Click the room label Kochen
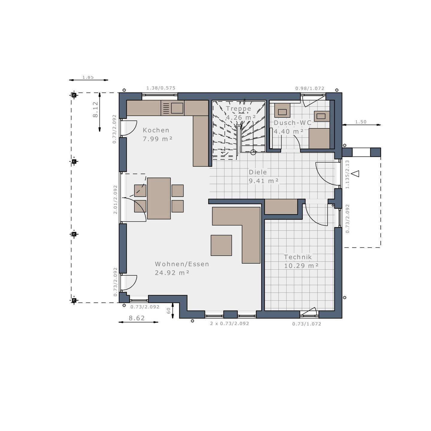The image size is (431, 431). pos(156,130)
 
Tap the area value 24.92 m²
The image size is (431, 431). pos(172,273)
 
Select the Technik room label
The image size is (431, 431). pos(298,257)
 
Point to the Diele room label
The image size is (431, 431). pos(258,172)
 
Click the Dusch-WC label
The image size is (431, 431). pos(292,123)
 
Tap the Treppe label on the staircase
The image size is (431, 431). pos(238,109)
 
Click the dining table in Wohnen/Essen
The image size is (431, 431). pos(159,198)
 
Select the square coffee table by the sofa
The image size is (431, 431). pos(221,245)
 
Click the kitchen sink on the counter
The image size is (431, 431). pos(177,108)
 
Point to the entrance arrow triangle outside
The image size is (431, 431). pos(355,173)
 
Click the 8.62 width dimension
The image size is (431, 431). pos(137,318)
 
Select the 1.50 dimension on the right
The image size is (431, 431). pos(361,122)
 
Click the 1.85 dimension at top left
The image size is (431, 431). pos(88,77)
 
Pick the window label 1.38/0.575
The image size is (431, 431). pos(161,88)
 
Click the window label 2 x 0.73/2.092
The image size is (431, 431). pos(229,324)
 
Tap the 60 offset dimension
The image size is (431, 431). pos(169,311)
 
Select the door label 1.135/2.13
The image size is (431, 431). pos(347,174)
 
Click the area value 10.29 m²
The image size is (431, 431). pos(301,265)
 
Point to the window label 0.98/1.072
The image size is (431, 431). pos(310,88)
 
